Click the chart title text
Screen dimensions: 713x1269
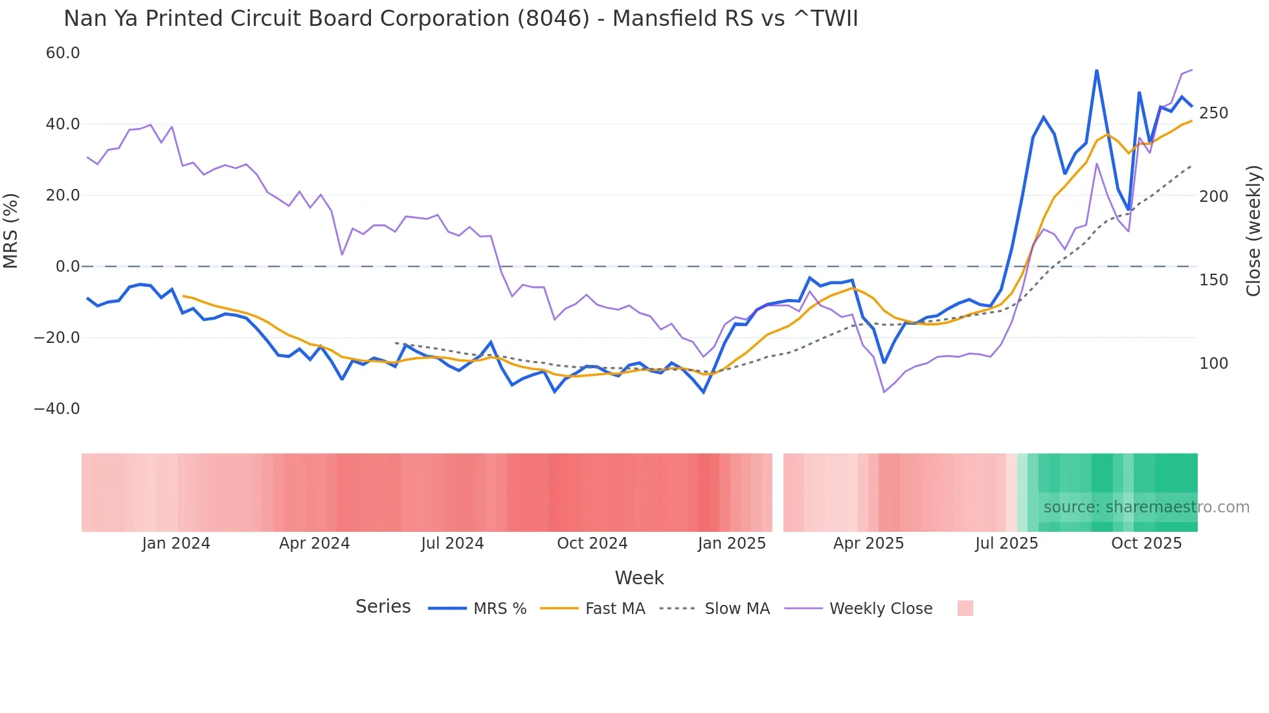click(x=460, y=19)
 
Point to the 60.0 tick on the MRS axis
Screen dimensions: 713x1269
click(x=63, y=53)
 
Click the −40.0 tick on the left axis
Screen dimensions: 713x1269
click(x=57, y=409)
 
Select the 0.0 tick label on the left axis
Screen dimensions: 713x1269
click(x=67, y=267)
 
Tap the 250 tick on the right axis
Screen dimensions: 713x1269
click(x=1213, y=113)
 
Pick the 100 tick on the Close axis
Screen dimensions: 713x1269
click(x=1213, y=364)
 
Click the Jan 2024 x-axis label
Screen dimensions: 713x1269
click(x=176, y=543)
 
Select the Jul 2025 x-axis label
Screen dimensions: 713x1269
click(x=1006, y=543)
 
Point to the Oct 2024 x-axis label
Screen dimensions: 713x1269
click(x=592, y=543)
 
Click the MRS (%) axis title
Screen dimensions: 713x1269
click(x=11, y=230)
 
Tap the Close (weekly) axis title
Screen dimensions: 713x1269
click(x=1253, y=231)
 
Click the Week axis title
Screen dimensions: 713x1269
click(x=639, y=578)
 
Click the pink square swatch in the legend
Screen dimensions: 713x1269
click(x=965, y=608)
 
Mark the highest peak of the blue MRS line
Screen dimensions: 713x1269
click(x=1096, y=70)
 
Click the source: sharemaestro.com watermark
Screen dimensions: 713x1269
click(x=1146, y=507)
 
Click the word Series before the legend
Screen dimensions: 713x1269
click(x=383, y=607)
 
